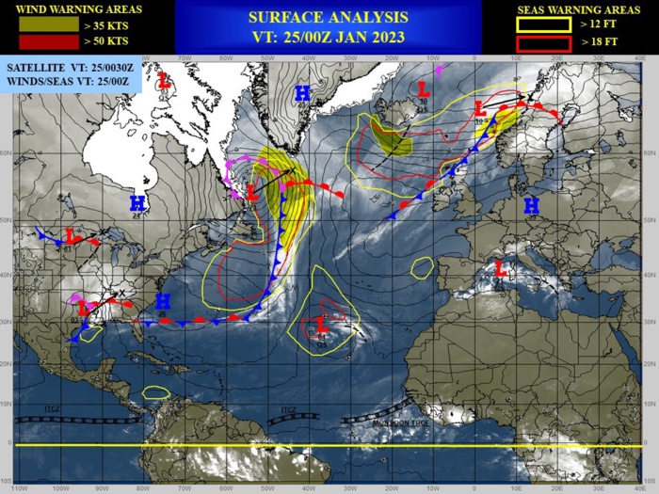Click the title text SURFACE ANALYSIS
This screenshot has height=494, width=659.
[x=328, y=17]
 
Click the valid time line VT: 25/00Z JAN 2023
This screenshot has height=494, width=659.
[x=328, y=37]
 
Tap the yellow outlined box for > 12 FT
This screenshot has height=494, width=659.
[x=543, y=25]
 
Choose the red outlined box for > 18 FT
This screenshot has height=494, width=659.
[x=543, y=42]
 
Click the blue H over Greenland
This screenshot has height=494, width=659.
[x=302, y=92]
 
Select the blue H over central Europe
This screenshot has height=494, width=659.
[x=531, y=204]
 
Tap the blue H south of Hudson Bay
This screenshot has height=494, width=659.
[x=137, y=202]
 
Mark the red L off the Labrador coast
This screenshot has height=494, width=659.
[x=251, y=192]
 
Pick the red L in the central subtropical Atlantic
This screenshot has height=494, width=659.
[x=321, y=325]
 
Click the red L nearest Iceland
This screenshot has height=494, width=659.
[x=424, y=90]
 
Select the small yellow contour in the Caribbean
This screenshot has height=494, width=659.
[x=156, y=391]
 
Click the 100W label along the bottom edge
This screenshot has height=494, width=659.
[x=59, y=488]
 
